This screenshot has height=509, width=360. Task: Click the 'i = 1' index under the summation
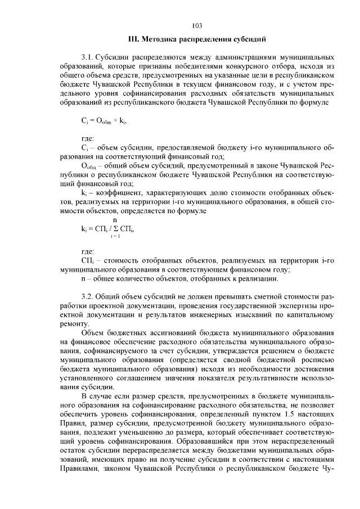pyautogui.click(x=116, y=237)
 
